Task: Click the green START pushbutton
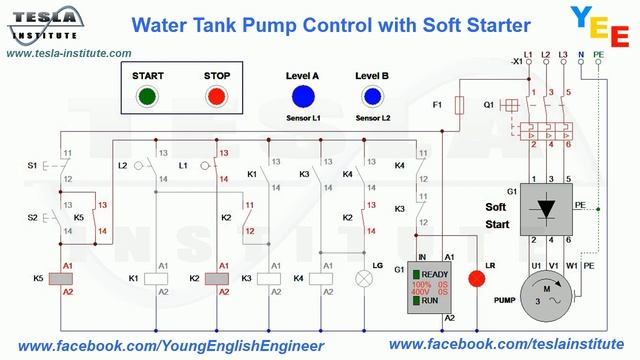click(147, 97)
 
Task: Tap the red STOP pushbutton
click(215, 97)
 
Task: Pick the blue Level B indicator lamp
click(372, 97)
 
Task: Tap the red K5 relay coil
click(68, 279)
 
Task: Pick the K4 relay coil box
click(322, 279)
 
